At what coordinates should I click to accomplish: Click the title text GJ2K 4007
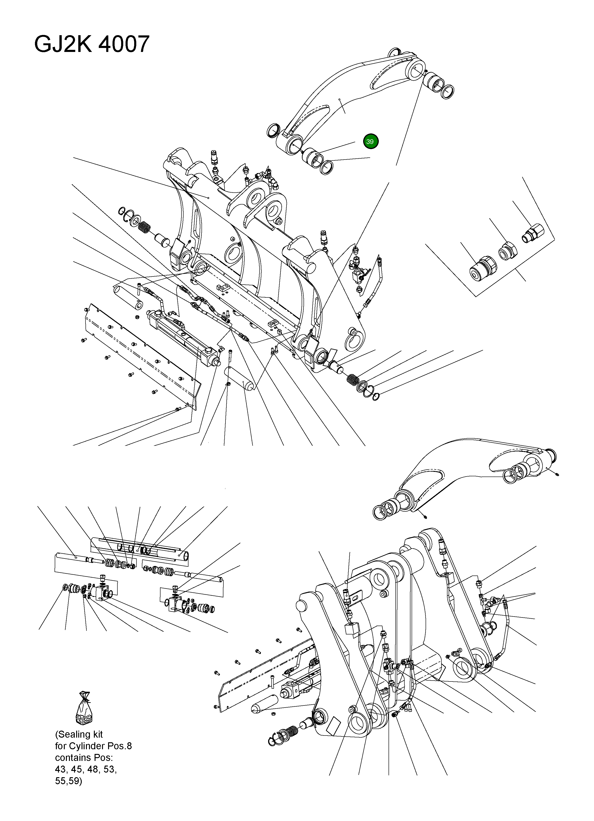[x=92, y=44]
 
